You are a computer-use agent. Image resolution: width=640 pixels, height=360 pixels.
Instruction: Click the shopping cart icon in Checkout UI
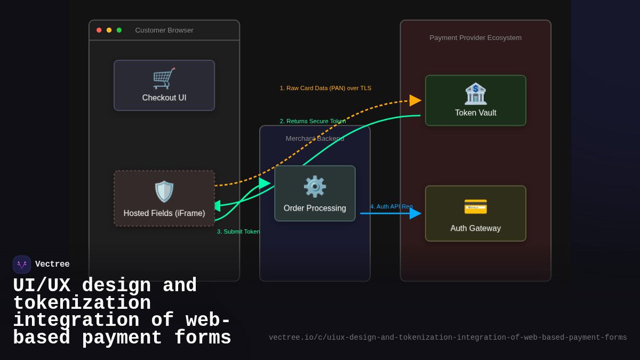click(164, 78)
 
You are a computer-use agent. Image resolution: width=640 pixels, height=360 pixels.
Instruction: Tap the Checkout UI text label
click(164, 98)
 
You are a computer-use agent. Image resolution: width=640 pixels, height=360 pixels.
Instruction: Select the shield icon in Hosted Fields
click(164, 191)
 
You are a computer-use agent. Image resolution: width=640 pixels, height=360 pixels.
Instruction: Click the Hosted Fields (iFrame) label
click(164, 213)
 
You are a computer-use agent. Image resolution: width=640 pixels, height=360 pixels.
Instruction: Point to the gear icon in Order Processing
click(315, 187)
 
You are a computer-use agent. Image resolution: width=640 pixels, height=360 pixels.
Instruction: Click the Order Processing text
click(315, 209)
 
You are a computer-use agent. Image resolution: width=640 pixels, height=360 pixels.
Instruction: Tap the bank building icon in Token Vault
click(475, 93)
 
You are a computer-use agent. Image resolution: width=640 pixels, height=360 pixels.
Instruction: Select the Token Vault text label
click(475, 113)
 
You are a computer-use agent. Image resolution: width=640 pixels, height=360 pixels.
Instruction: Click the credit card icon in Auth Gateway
click(475, 206)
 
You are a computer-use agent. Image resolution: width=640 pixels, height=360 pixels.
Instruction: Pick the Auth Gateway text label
click(475, 228)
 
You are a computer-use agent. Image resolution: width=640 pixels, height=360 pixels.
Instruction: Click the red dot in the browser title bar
click(99, 30)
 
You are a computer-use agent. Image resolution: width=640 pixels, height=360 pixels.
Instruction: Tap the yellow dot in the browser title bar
click(109, 30)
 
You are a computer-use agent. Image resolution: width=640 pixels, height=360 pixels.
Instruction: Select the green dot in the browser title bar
click(119, 30)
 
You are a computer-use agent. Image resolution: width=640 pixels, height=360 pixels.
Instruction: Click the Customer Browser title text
click(164, 30)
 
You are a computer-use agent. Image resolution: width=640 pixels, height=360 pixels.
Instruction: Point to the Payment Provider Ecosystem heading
click(475, 38)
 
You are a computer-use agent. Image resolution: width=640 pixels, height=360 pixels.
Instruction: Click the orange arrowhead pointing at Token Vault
click(415, 100)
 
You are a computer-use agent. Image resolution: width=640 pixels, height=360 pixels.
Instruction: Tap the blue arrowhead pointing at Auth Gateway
click(415, 213)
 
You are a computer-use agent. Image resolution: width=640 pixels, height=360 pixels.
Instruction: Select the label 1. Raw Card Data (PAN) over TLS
click(325, 88)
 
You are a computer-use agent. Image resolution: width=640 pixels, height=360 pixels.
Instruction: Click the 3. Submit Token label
click(238, 231)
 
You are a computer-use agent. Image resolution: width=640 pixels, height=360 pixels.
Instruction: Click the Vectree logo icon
click(22, 265)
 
